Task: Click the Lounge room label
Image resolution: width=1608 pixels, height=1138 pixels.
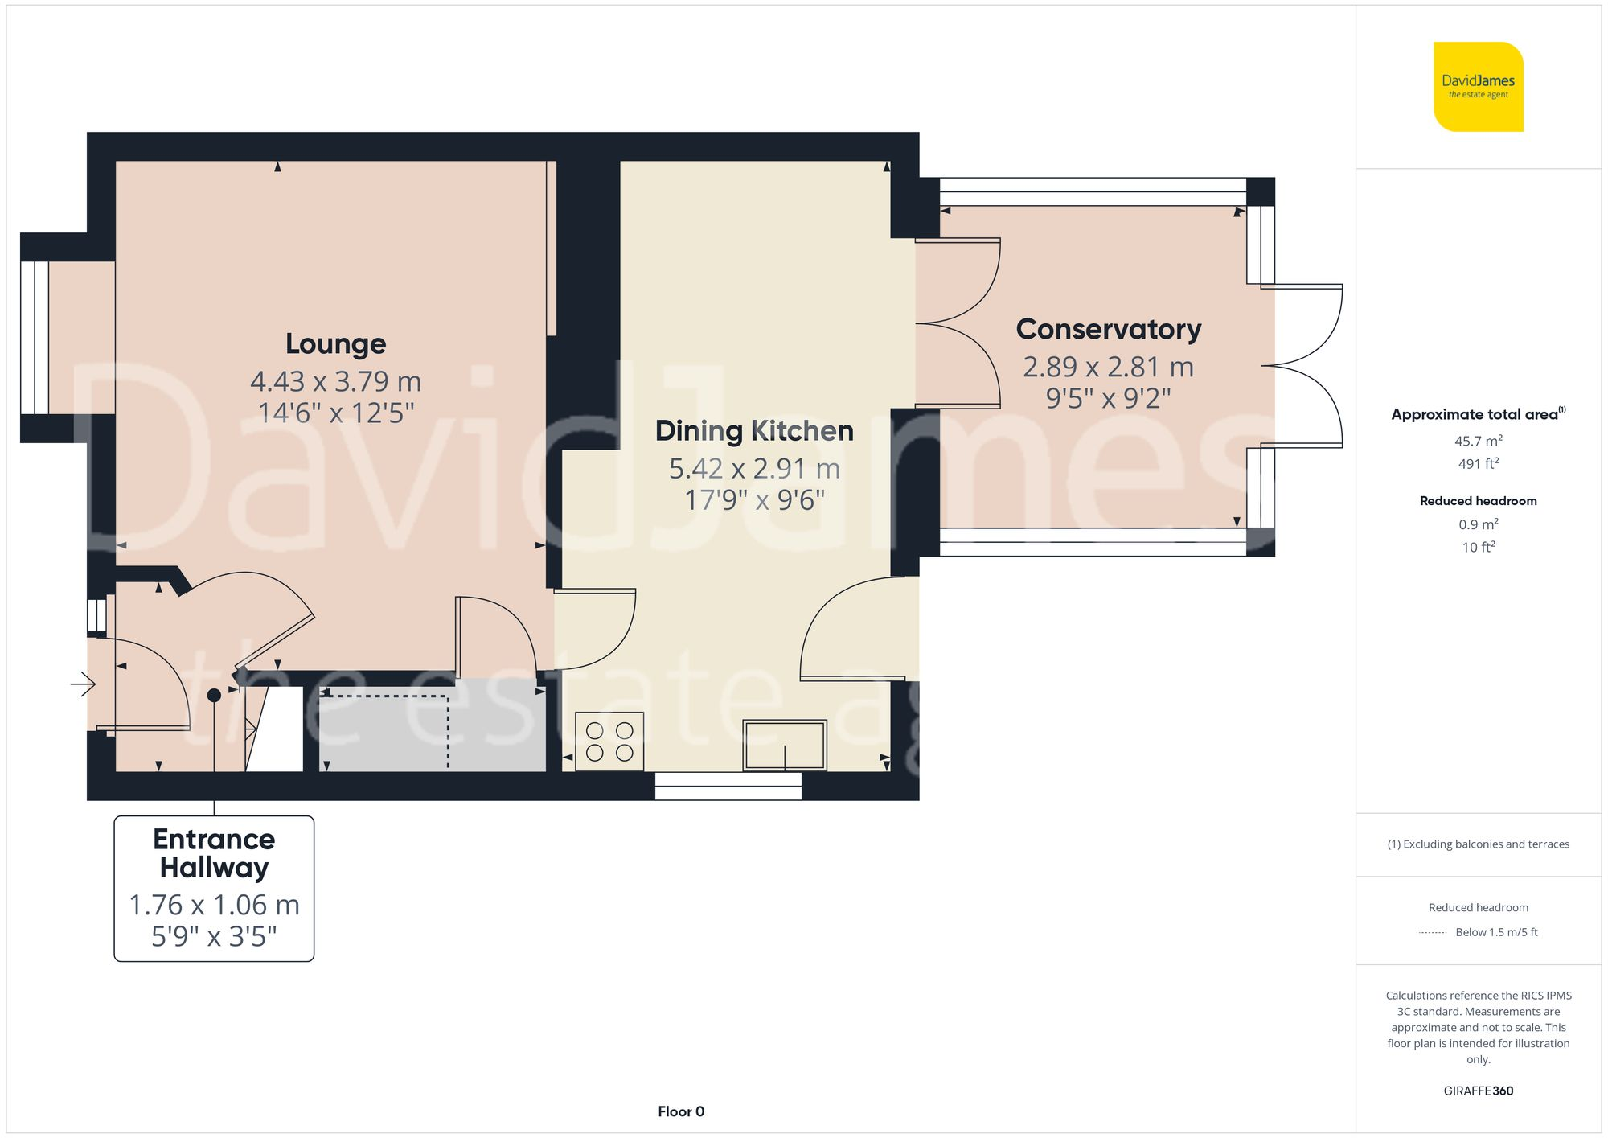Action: coord(335,344)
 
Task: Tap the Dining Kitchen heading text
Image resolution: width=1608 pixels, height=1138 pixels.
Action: coord(754,431)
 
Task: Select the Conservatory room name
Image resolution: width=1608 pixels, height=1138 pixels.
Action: coord(1108,330)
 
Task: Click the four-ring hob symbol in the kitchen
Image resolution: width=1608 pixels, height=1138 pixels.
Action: coord(609,742)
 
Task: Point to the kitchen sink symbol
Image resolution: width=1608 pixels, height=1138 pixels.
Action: coord(784,746)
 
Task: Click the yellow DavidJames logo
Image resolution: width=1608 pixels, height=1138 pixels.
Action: coord(1478,87)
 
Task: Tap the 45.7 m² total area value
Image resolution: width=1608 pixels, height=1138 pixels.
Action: coord(1478,441)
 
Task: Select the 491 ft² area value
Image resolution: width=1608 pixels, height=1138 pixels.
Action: coord(1478,464)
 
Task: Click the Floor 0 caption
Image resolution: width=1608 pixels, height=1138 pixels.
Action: coord(680,1111)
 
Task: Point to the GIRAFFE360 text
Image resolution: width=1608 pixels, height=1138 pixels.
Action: coord(1478,1091)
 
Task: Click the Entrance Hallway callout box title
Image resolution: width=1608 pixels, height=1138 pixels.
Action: coord(214,853)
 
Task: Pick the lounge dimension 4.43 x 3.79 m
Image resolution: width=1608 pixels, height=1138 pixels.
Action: coord(335,381)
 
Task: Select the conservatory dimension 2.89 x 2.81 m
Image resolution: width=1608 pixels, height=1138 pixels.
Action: coord(1108,368)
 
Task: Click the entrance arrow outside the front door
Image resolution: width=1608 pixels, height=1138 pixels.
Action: coord(84,685)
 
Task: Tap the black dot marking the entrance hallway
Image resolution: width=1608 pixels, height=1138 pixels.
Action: coord(214,695)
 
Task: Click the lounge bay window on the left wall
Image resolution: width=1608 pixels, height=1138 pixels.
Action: coord(35,338)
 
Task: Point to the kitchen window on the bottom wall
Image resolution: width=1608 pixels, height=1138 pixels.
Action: coord(728,786)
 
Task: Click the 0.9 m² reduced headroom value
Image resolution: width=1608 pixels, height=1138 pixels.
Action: coord(1478,524)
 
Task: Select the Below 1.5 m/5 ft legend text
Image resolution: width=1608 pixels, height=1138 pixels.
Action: coord(1495,932)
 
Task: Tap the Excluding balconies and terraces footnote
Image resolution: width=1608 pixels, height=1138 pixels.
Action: coord(1478,844)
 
